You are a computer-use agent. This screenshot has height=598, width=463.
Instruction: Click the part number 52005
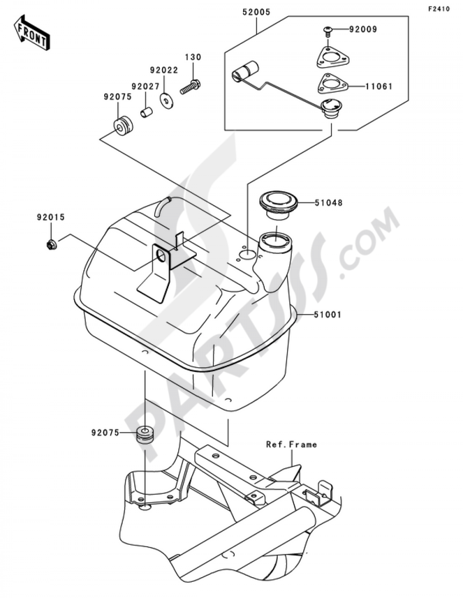click(256, 13)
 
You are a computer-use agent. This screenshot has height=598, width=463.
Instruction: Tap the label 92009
click(363, 29)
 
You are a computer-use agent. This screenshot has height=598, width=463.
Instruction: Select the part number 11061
click(379, 87)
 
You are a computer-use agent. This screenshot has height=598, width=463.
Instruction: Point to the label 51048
click(329, 203)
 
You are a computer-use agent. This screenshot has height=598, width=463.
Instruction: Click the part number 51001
click(328, 315)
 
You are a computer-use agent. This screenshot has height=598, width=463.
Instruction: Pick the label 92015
click(51, 217)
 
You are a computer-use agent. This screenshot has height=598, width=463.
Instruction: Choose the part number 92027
click(145, 87)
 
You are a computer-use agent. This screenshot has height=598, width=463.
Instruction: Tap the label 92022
click(164, 70)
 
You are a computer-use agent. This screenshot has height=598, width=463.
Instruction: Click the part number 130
click(193, 57)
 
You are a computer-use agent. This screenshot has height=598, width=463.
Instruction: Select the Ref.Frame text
click(292, 444)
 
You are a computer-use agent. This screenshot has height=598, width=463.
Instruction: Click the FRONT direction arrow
click(32, 32)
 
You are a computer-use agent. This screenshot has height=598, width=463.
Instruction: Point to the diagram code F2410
click(438, 9)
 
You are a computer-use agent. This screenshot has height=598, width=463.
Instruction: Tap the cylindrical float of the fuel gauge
click(246, 73)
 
